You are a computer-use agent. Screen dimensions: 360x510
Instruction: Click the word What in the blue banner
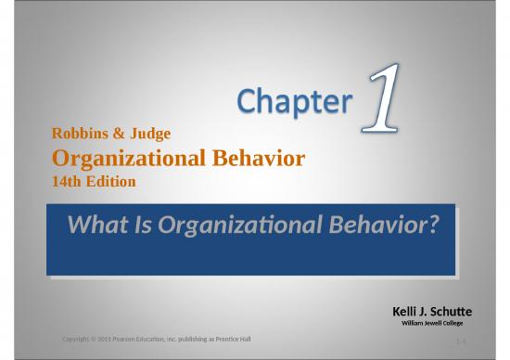tap(97, 225)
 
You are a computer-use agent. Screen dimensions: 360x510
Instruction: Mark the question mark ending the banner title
tap(431, 225)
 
